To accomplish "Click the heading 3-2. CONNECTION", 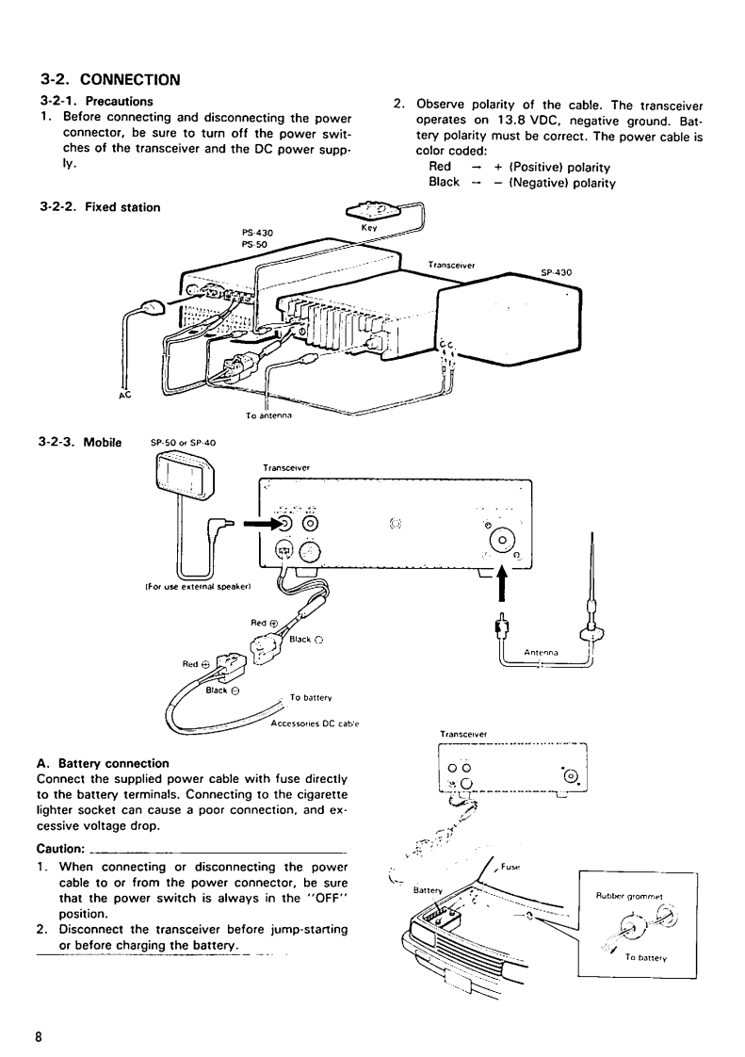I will coord(110,79).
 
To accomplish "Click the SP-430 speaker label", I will coord(556,273).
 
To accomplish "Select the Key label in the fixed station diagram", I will coord(368,227).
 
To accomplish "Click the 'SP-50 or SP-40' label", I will coord(184,441).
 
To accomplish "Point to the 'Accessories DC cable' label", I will coord(316,724).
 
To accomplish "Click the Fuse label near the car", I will coord(510,865).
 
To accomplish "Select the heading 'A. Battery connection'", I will coord(102,762).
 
